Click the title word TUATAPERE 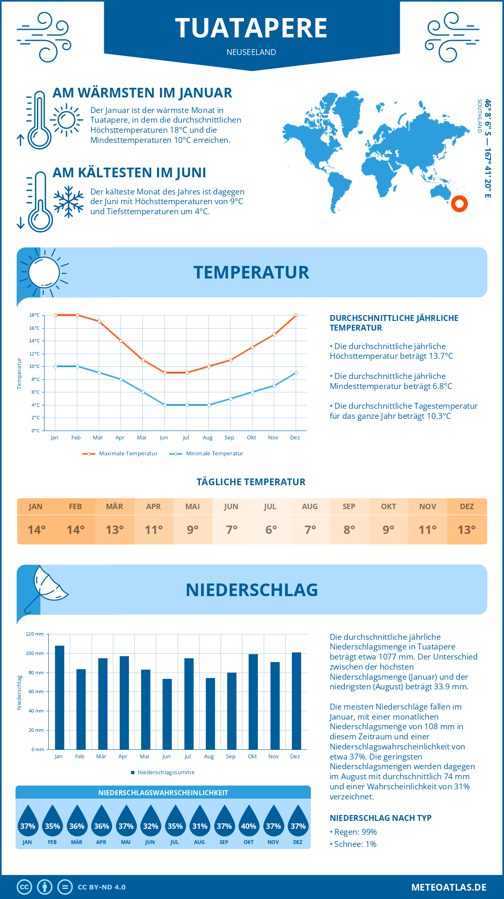pyautogui.click(x=251, y=29)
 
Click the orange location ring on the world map pyautogui.click(x=459, y=204)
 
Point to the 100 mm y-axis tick pyautogui.click(x=35, y=653)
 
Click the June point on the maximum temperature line pyautogui.click(x=165, y=373)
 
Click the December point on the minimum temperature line pyautogui.click(x=296, y=373)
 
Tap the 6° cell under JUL pyautogui.click(x=271, y=530)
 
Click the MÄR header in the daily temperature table pyautogui.click(x=115, y=507)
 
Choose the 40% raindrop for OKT pyautogui.click(x=249, y=823)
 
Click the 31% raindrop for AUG pyautogui.click(x=200, y=823)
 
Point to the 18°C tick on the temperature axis pyautogui.click(x=34, y=315)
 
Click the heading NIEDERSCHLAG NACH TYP pyautogui.click(x=381, y=818)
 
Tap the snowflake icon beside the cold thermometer pyautogui.click(x=68, y=202)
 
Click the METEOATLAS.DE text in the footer pyautogui.click(x=449, y=887)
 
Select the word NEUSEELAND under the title pyautogui.click(x=251, y=52)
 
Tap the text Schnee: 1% pyautogui.click(x=355, y=844)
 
